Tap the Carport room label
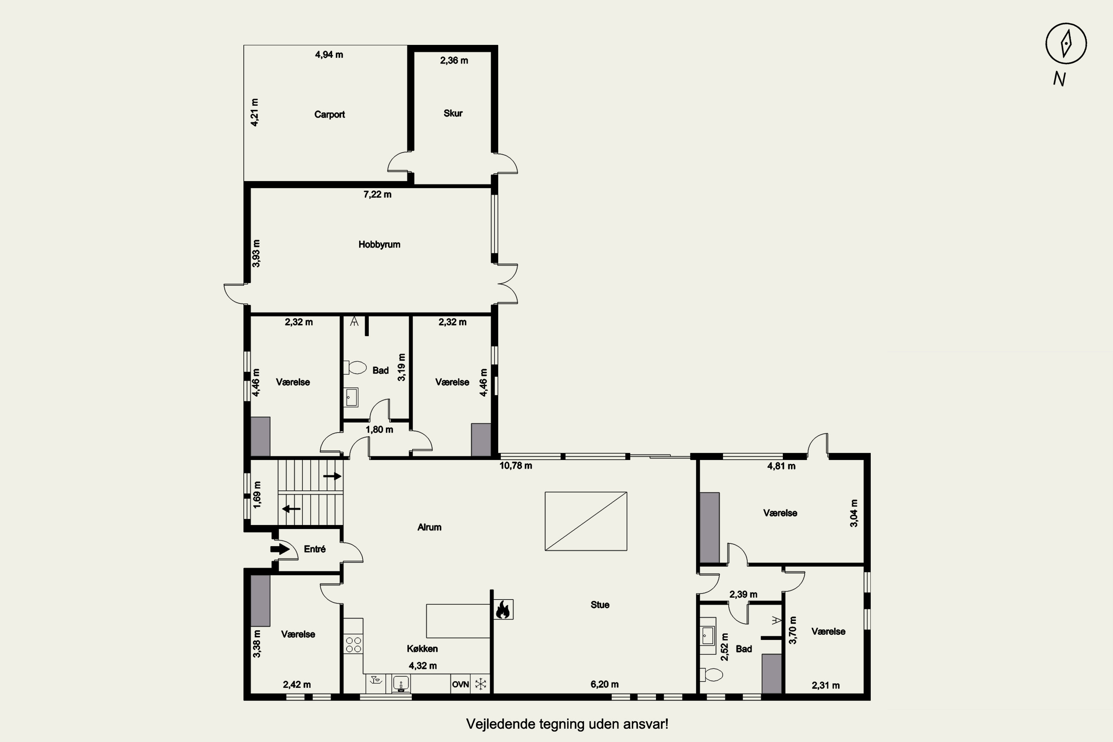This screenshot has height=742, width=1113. click(x=329, y=115)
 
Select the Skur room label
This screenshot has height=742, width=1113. click(x=453, y=113)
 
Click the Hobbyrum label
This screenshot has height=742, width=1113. click(x=379, y=244)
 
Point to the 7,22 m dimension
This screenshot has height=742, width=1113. click(x=377, y=194)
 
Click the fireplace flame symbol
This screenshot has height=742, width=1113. click(x=503, y=610)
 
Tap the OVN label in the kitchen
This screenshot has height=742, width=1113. click(x=460, y=684)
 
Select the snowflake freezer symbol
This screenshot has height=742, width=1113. click(x=481, y=684)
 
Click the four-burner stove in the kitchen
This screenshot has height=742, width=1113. click(x=354, y=644)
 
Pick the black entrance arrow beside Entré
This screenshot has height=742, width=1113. click(x=280, y=549)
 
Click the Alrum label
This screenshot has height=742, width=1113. click(x=429, y=527)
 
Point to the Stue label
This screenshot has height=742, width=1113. click(x=600, y=605)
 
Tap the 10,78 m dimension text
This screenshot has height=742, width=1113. click(x=516, y=466)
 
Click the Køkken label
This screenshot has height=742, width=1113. click(x=422, y=649)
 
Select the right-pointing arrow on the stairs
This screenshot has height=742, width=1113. click(x=332, y=476)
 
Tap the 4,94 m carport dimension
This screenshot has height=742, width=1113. click(x=329, y=55)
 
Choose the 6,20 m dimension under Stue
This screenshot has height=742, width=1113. click(x=604, y=684)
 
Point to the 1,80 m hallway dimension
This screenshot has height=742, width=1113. click(x=379, y=430)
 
